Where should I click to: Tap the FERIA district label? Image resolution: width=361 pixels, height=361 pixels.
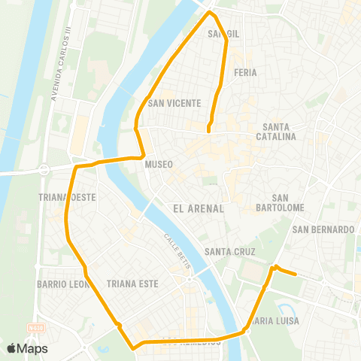click(246, 73)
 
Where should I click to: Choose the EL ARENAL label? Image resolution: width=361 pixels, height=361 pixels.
click(199, 208)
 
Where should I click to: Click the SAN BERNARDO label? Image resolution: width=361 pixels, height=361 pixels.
click(323, 229)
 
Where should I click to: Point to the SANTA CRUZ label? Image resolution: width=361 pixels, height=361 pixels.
click(230, 252)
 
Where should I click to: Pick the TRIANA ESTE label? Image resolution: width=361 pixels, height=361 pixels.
click(133, 284)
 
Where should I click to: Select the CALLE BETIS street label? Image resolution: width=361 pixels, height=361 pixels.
click(180, 250)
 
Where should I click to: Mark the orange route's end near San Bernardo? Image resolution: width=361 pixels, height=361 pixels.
click(296, 275)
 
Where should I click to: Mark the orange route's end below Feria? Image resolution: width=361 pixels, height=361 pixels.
click(208, 132)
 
